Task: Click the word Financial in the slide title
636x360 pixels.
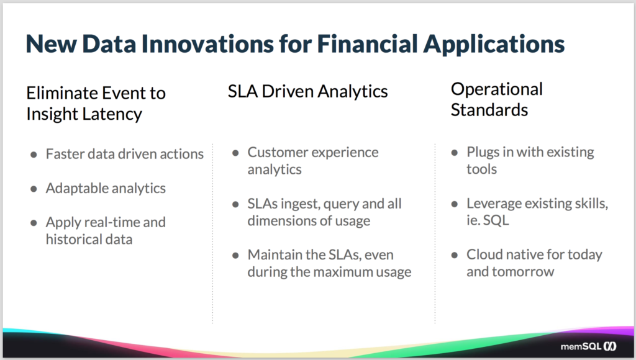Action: pyautogui.click(x=366, y=44)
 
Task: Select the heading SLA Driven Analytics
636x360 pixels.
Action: pyautogui.click(x=307, y=92)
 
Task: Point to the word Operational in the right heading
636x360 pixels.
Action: pyautogui.click(x=496, y=89)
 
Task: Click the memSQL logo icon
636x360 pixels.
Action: pyautogui.click(x=610, y=346)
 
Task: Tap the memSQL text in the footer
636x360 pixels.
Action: pyautogui.click(x=581, y=346)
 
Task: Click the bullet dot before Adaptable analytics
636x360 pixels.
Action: pyautogui.click(x=34, y=189)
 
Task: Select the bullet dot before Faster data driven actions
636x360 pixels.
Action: pyautogui.click(x=34, y=155)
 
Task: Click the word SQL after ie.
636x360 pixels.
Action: pyautogui.click(x=496, y=220)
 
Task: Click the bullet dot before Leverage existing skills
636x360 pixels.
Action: pyautogui.click(x=455, y=204)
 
